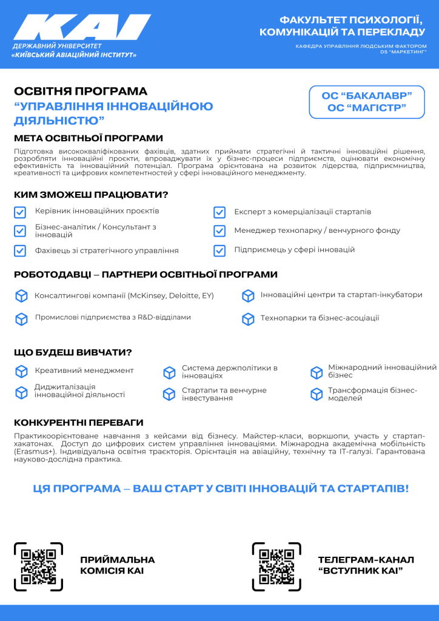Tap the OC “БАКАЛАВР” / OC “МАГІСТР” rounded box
coord(367,102)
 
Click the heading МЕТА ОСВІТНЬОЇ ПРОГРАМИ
coord(89,138)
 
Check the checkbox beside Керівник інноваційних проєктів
coord(20,212)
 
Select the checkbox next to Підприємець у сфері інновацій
coord(219,250)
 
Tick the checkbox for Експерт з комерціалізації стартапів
coord(219,212)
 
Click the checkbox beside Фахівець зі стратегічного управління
coord(20,250)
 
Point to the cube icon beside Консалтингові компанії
coord(22,296)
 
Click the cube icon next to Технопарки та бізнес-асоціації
coord(247,318)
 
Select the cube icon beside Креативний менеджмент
coord(22,371)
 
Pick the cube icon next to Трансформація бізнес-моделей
coord(317,394)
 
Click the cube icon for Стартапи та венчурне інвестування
coord(169,394)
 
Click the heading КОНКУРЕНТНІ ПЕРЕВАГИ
coord(79,423)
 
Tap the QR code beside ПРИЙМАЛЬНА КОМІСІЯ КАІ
coord(38,566)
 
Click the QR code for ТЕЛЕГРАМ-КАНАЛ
coord(276,566)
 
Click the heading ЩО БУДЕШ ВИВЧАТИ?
coord(73,352)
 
